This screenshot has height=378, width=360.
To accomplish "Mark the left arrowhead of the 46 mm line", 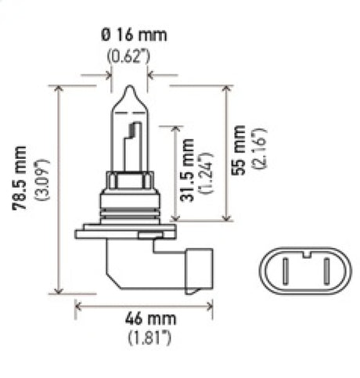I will coord(77,308).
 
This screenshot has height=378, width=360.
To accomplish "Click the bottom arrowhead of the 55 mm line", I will coord(227,218).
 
